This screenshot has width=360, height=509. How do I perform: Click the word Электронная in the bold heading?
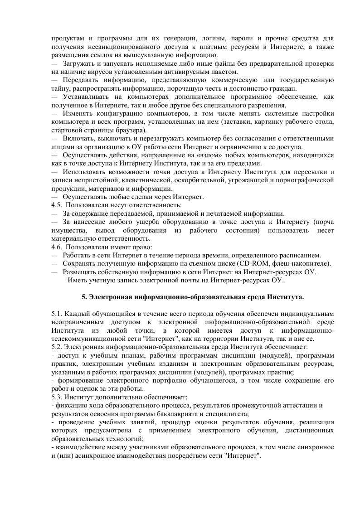tap(110, 297)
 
